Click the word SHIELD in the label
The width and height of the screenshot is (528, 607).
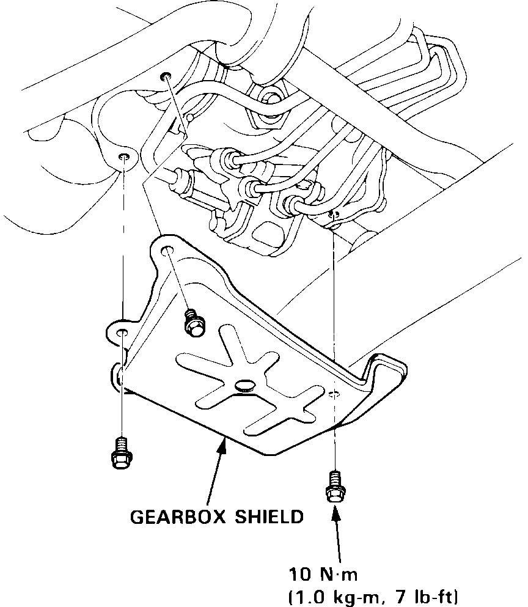269,517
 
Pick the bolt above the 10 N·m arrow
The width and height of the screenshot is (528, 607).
335,486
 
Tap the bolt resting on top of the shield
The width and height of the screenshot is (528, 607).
193,323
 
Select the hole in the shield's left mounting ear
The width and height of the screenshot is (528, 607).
122,332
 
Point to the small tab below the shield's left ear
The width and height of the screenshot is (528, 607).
116,374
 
